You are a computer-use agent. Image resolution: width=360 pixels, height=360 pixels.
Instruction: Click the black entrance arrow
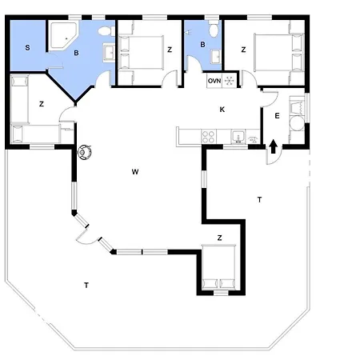coord(273,146)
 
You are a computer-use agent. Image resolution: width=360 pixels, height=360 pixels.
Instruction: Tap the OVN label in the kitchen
coord(214,81)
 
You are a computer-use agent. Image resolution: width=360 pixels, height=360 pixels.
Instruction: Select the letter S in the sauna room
coord(27,48)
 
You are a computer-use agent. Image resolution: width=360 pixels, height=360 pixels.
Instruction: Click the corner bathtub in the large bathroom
coord(63,36)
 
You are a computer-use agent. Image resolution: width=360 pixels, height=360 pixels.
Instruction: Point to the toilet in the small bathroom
coord(214,30)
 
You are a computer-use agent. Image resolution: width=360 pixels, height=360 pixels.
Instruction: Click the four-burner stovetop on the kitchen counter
coord(208,137)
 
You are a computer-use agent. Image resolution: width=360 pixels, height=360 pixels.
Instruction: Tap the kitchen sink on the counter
coord(238,136)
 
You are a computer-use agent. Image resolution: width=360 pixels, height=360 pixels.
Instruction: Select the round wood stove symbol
coord(85,152)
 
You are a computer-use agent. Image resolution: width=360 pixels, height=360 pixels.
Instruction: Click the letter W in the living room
coord(135,172)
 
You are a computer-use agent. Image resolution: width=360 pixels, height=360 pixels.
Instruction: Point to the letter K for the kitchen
coord(222,110)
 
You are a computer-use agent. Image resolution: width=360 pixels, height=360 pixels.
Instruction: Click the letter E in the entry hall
coord(277,116)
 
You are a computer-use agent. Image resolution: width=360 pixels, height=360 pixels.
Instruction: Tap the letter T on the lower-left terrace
coord(86,286)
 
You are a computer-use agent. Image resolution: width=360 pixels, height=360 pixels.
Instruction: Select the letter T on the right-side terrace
coord(259,199)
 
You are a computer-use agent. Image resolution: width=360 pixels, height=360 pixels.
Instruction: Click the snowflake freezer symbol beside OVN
coord(229,81)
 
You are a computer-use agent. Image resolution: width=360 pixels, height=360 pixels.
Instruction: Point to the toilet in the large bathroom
coord(106,31)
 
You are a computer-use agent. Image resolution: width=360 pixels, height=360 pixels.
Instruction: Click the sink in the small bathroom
coord(216,56)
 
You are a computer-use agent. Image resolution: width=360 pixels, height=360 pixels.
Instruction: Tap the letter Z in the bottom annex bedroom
coord(219,238)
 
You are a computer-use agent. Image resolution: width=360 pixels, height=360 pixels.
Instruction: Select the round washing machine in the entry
coord(297,123)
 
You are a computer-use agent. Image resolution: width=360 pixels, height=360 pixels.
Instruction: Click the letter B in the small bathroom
coord(202,45)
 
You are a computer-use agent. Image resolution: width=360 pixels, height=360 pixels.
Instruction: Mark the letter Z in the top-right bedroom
coord(243,50)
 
